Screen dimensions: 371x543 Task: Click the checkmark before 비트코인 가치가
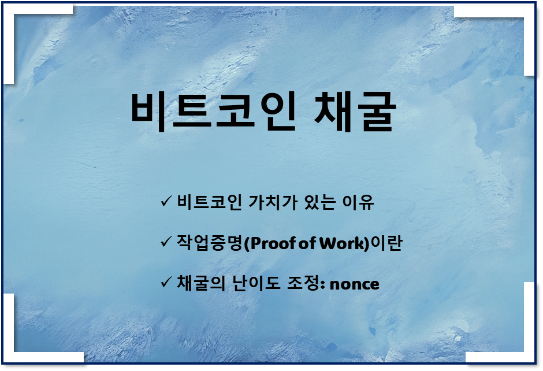[x=165, y=202]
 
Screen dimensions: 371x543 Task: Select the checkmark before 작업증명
[x=165, y=242]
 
